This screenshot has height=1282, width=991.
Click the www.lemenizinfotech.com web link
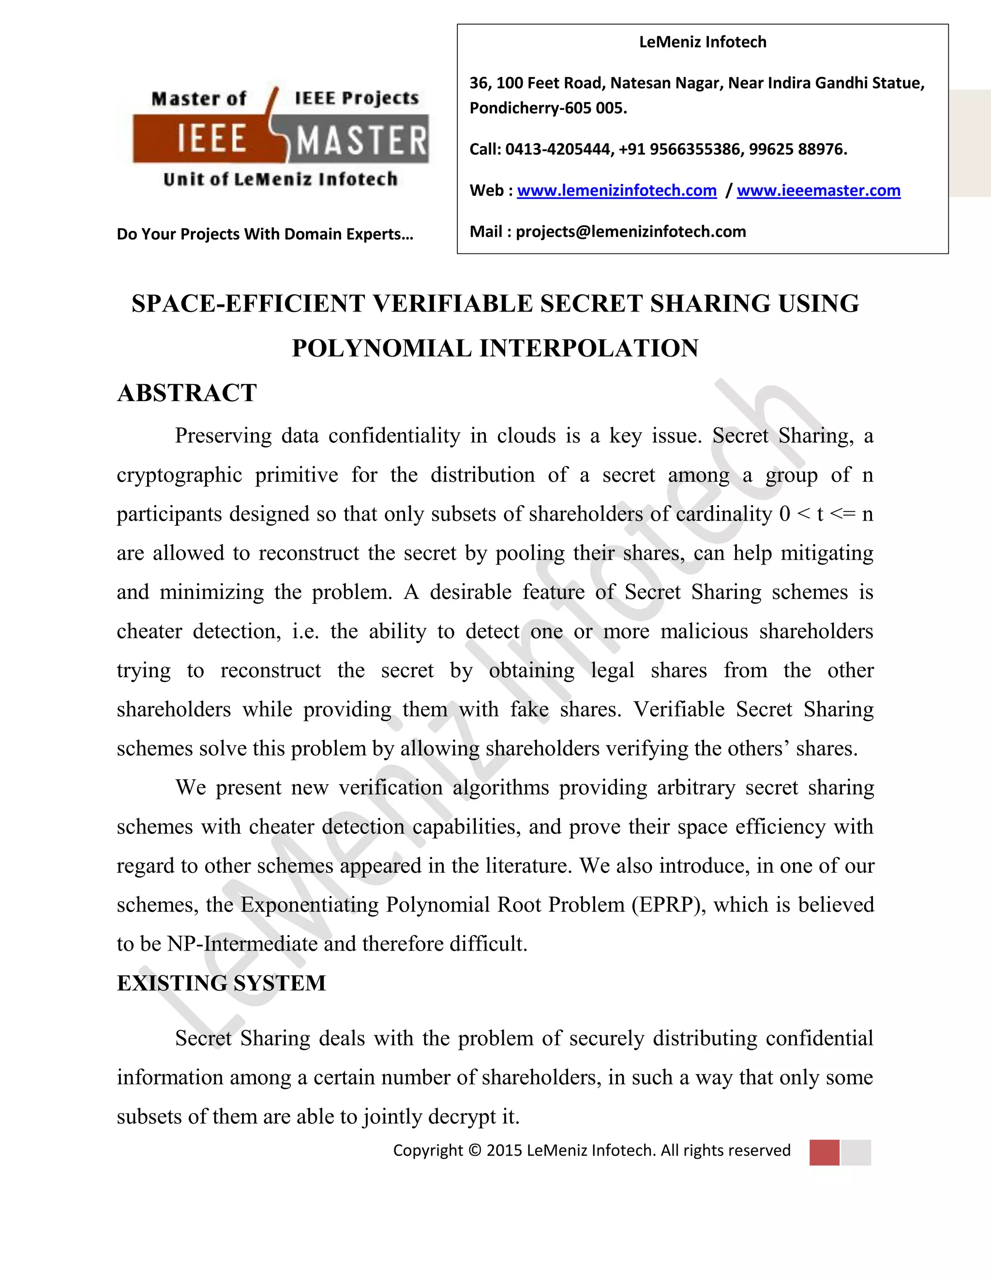616,190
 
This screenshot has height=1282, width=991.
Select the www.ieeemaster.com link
818,190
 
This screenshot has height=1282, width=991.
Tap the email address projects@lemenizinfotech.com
631,231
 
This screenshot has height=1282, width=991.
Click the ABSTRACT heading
187,393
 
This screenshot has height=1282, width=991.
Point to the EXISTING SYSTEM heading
221,983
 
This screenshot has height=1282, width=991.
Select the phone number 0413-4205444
558,149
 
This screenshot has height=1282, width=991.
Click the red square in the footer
824,1152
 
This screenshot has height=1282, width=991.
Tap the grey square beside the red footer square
856,1152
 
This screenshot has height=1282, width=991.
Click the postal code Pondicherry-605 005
548,108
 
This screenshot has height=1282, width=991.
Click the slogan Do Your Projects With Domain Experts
265,234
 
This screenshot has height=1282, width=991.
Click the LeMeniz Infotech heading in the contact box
702,42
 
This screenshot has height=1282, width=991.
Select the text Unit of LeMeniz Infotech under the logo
280,179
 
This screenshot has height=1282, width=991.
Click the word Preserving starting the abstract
223,435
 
